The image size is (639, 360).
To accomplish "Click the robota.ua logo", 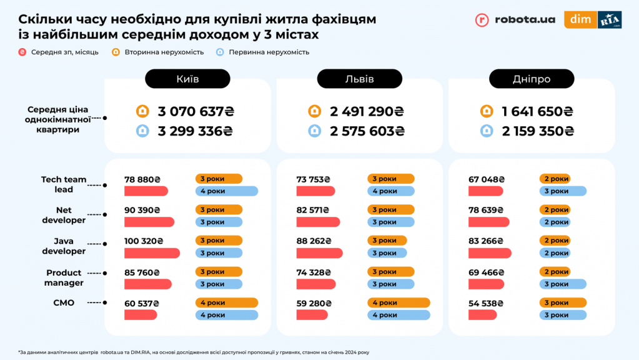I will tap(515, 19).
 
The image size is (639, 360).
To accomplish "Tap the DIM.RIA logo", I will tap(593, 19).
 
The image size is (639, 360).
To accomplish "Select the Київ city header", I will tap(187, 79).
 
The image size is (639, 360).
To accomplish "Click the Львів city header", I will tap(360, 79).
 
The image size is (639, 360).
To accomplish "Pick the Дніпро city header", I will tap(532, 79).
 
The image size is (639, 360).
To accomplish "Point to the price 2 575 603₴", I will tap(367, 131).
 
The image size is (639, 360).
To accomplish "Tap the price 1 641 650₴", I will tap(537, 112).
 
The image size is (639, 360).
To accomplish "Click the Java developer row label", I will tap(64, 246).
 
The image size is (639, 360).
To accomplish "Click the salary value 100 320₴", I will tap(144, 241).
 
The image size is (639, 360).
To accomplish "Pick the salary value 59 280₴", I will tap(313, 303).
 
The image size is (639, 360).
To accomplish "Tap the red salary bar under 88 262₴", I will tap(319, 253).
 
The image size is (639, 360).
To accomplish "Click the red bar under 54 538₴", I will tap(482, 315).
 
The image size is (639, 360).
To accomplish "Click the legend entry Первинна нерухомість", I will tap(262, 52).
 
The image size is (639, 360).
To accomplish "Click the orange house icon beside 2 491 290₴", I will tap(315, 112).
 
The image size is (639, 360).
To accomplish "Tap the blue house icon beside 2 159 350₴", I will tap(487, 131).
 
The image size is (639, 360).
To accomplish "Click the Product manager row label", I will tap(64, 277).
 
